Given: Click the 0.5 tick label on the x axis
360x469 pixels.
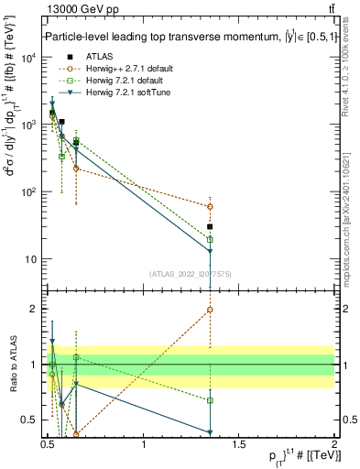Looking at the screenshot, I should (x=48, y=445).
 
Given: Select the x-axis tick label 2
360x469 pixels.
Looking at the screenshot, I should (x=334, y=445).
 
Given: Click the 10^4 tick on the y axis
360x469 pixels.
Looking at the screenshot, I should (x=27, y=57).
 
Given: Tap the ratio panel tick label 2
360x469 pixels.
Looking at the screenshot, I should (x=34, y=309).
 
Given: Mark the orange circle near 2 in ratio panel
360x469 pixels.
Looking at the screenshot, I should (x=211, y=310).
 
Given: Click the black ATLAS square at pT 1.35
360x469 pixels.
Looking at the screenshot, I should (x=211, y=226).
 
